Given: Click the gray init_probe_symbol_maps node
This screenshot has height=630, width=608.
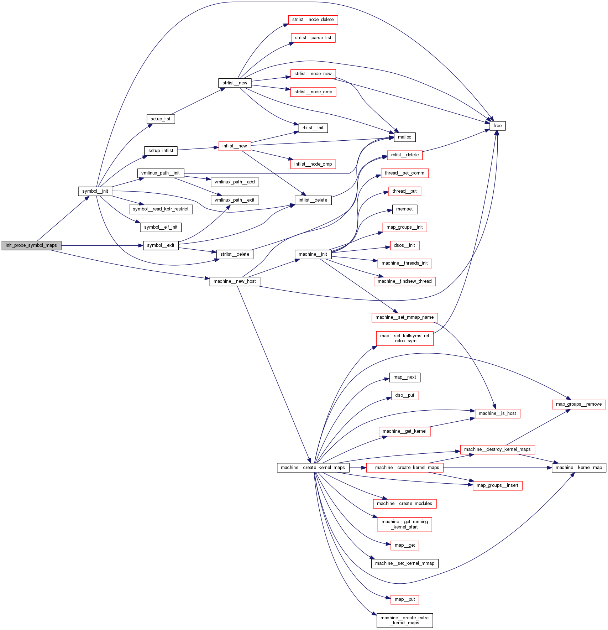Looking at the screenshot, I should tap(31, 245).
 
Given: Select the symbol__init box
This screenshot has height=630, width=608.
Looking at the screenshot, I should tap(95, 191).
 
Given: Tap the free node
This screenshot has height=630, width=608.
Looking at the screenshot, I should tap(497, 126).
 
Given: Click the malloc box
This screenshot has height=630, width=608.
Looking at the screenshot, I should tap(404, 137).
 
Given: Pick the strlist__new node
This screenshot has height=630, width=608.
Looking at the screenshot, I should tap(235, 83).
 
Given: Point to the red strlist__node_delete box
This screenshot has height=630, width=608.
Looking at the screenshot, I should tap(313, 20).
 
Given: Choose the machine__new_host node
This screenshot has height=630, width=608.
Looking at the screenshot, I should tap(235, 281).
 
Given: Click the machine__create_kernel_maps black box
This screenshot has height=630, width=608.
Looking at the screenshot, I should tap(313, 468).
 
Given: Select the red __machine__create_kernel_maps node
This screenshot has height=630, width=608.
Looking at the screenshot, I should tap(405, 468).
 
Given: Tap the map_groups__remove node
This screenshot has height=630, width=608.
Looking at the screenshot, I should tap(579, 404).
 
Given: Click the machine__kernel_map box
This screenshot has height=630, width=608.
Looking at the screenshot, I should tap(579, 468).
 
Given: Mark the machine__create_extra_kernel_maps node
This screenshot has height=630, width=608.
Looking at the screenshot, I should tap(405, 620).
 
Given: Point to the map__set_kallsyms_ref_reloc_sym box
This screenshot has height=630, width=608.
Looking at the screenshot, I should tap(405, 338).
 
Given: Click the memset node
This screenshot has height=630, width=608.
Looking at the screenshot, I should tap(404, 209).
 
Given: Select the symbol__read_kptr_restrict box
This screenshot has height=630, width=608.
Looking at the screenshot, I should tap(161, 209).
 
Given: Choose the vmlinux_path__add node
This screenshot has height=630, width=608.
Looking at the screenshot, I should tap(235, 182).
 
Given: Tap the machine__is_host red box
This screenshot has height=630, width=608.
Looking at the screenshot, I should tap(497, 413).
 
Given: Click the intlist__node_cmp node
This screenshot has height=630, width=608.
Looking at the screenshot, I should tap(313, 164).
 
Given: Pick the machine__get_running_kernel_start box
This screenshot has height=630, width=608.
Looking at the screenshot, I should tap(405, 525).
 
